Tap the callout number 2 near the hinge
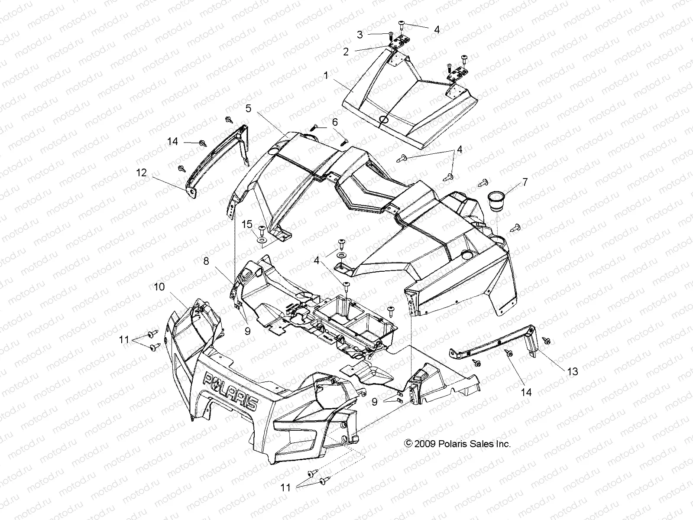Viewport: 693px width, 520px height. tap(346, 52)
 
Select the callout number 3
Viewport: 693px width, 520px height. tap(359, 35)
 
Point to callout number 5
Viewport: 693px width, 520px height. tap(248, 108)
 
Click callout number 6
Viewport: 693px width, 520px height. tap(335, 123)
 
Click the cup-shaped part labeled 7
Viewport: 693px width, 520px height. tap(499, 201)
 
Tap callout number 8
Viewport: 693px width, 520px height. tap(206, 261)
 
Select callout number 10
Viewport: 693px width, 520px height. tap(159, 287)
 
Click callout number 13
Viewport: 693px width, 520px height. tap(573, 371)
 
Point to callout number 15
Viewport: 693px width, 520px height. tap(247, 224)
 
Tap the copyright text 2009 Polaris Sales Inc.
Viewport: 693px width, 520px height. tap(457, 444)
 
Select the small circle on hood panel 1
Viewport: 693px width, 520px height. tap(383, 120)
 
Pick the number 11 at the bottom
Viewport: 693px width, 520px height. tap(285, 487)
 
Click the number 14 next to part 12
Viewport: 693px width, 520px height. tap(173, 142)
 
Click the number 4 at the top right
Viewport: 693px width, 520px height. tap(437, 29)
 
